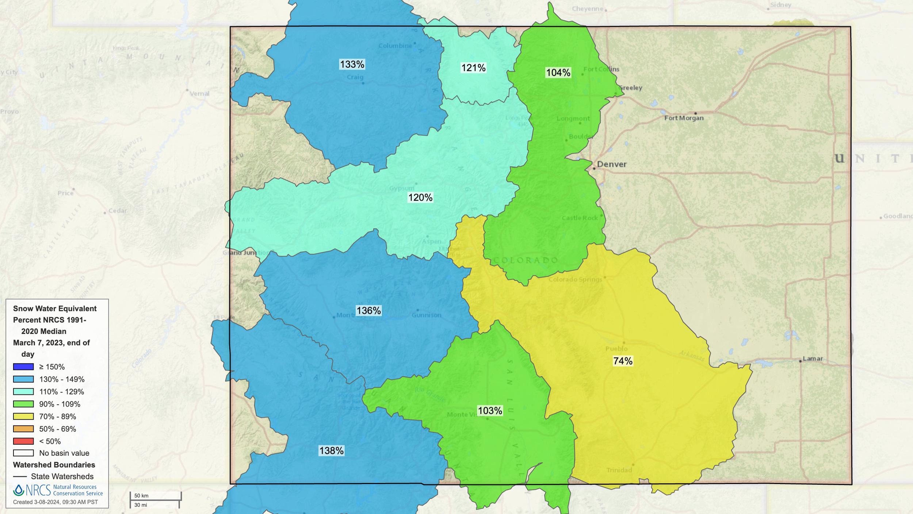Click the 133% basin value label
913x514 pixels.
352,65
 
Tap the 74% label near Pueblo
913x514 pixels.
623,361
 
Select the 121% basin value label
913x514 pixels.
473,68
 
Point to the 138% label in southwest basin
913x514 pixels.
331,451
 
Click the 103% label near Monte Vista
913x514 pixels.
490,411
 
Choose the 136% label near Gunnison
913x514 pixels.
368,311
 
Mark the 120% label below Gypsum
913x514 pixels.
420,198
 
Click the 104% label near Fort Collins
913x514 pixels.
558,73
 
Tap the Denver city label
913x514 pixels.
612,165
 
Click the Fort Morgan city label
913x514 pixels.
684,118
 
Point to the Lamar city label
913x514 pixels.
813,359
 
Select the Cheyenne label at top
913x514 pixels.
587,9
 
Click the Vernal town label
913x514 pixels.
199,94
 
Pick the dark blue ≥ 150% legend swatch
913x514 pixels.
23,367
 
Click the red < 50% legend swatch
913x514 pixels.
23,441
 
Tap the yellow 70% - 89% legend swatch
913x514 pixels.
23,416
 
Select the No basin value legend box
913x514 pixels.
23,453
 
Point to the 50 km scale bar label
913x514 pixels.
141,496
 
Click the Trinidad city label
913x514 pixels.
619,470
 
